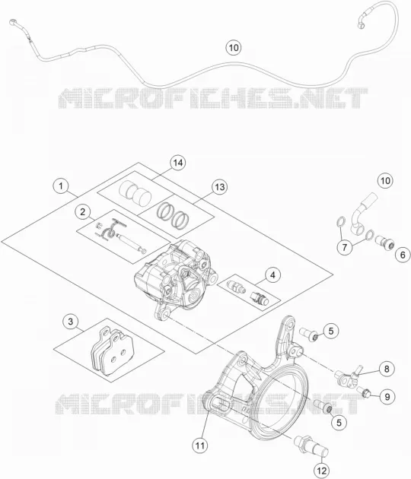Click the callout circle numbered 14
click(178, 163)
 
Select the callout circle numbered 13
click(220, 187)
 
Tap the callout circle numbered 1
click(61, 186)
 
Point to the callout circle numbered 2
click(82, 211)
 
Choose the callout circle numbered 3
click(71, 322)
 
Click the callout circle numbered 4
click(272, 275)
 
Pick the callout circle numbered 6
click(403, 255)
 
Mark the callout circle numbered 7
click(345, 247)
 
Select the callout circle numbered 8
click(387, 369)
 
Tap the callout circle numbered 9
click(387, 397)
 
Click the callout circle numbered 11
click(200, 446)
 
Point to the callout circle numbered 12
click(322, 471)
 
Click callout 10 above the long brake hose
click(234, 48)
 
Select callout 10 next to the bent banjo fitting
click(385, 180)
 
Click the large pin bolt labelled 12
click(311, 446)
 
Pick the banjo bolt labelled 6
click(384, 242)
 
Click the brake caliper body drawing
click(175, 280)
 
